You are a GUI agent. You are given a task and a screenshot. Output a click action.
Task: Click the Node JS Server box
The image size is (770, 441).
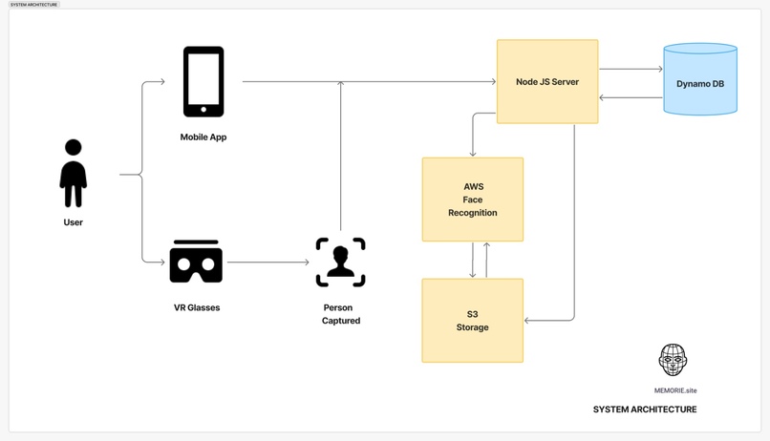tap(547, 82)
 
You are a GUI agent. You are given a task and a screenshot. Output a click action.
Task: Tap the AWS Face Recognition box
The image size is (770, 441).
tap(473, 199)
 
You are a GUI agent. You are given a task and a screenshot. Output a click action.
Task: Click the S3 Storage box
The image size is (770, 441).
tap(473, 321)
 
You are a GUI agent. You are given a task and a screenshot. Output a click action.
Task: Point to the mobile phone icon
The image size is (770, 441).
tap(203, 81)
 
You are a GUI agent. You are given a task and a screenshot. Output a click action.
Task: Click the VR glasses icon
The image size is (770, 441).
tap(196, 262)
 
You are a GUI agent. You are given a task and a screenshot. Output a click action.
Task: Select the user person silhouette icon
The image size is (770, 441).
tap(74, 174)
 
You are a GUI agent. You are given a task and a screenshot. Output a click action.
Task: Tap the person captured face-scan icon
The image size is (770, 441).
tap(341, 262)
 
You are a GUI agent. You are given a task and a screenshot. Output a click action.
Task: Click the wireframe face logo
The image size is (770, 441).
tap(673, 360)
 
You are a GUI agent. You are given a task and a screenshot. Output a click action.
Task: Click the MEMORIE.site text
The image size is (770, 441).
tap(675, 390)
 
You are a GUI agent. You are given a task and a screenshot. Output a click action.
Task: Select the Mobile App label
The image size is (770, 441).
tap(203, 137)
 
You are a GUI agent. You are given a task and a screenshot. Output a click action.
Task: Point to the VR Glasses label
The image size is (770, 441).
tap(197, 308)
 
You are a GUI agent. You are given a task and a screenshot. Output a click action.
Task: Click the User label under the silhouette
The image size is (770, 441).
tap(74, 222)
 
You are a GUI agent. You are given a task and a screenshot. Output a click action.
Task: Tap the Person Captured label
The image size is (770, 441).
tap(340, 314)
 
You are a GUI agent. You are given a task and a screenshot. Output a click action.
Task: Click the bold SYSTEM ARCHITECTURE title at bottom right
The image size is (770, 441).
tap(645, 409)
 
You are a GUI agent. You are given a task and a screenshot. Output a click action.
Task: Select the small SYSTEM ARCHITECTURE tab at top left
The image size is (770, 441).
tap(33, 5)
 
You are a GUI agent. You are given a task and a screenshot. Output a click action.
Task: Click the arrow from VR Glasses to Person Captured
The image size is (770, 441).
tap(267, 262)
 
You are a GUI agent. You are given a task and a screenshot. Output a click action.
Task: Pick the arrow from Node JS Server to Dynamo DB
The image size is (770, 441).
tap(631, 69)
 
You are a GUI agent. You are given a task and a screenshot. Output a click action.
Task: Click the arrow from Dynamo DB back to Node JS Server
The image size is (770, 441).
tap(631, 97)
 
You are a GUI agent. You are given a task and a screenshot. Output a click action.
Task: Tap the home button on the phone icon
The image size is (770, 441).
tap(203, 110)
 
